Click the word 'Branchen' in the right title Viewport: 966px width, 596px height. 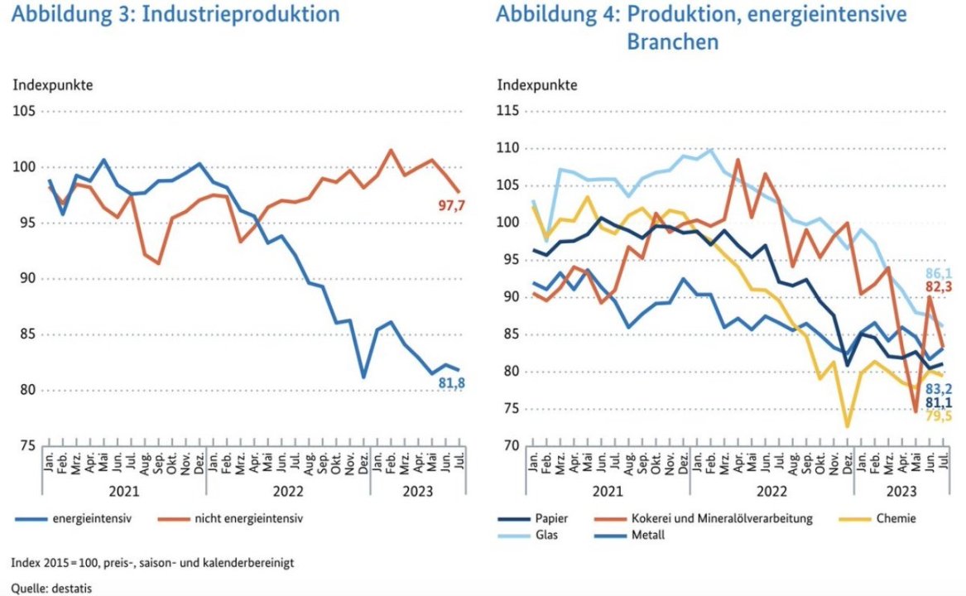click(x=672, y=42)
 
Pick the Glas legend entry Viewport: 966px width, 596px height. click(x=546, y=535)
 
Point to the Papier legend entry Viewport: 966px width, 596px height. click(x=551, y=519)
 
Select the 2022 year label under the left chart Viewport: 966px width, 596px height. click(x=288, y=490)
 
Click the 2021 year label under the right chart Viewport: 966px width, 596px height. click(x=608, y=490)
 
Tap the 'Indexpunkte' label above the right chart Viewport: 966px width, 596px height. click(x=536, y=84)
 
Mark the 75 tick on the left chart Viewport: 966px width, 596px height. click(x=26, y=446)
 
